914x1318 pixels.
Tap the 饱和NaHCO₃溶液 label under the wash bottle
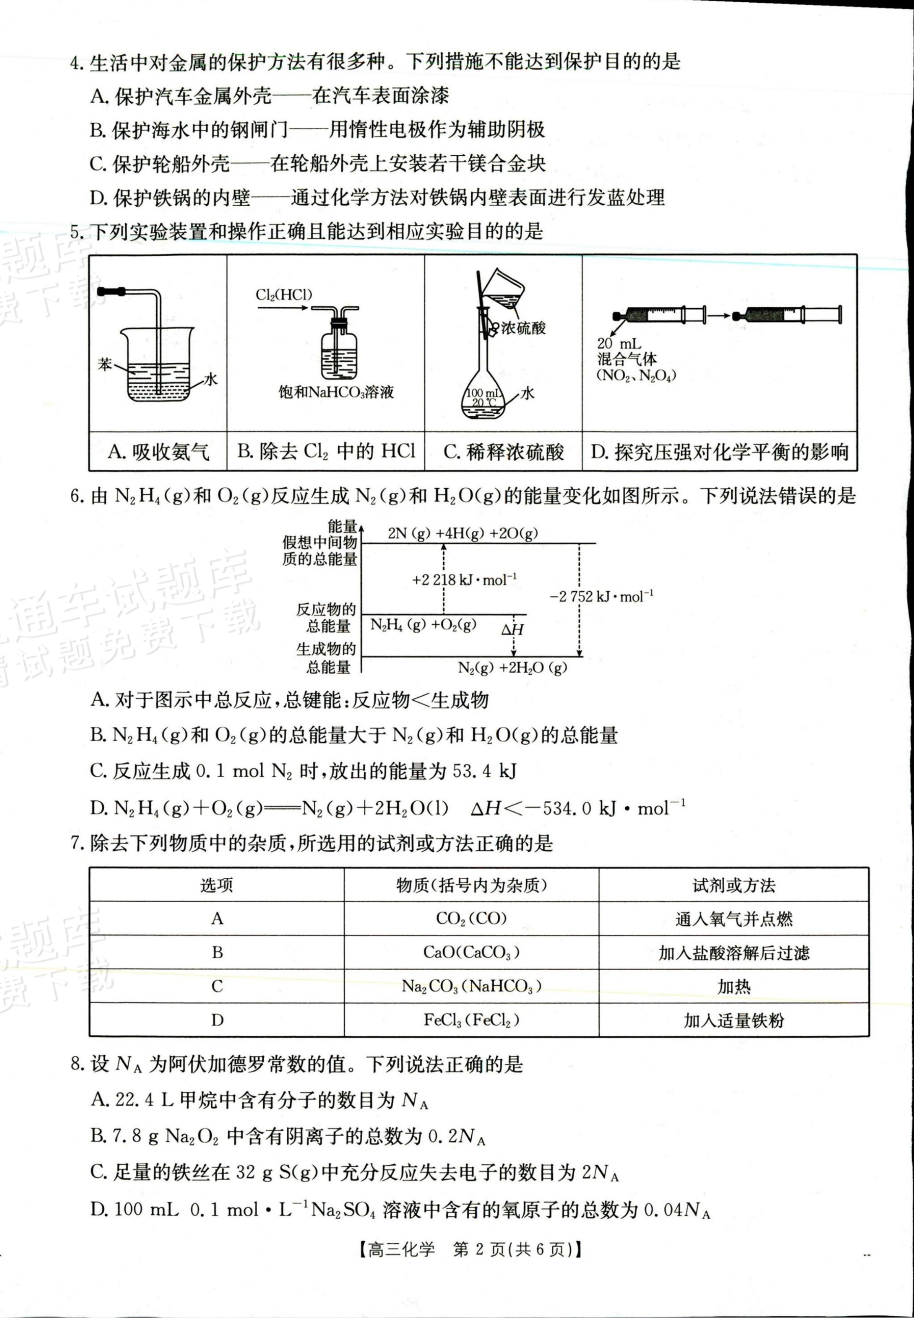coord(336,392)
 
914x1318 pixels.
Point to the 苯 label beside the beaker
coord(105,364)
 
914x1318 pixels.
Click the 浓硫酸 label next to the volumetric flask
coord(523,328)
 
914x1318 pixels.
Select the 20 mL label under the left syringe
coord(618,344)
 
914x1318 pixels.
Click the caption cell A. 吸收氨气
coord(158,452)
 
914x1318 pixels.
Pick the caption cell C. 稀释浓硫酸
coord(503,452)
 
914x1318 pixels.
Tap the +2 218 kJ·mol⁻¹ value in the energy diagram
coord(465,580)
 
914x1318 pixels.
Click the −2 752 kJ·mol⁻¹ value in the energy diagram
coord(601,596)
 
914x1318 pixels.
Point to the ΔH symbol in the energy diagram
coord(512,630)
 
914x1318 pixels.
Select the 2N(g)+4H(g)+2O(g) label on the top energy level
coord(463,533)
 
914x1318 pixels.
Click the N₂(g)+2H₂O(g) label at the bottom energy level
coord(512,667)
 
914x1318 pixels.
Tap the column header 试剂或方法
coord(734,886)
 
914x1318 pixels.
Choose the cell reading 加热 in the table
coord(734,986)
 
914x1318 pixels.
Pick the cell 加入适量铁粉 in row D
coord(734,1020)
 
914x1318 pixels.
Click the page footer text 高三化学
coord(401,1249)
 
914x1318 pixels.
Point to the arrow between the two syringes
coord(719,315)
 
